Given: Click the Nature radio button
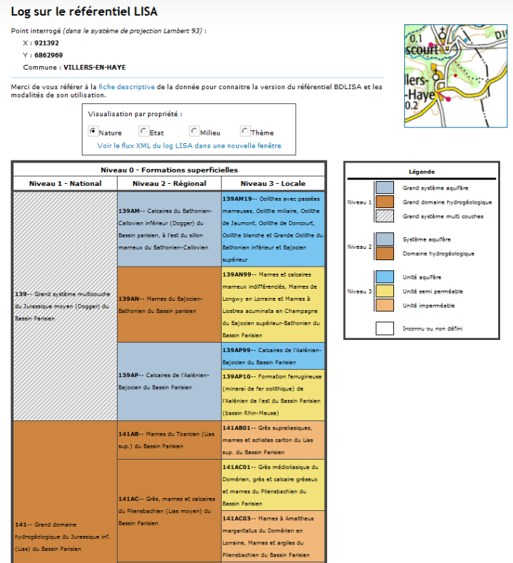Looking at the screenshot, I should (93, 131).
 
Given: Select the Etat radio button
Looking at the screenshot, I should (144, 131).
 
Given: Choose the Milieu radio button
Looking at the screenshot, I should (194, 131).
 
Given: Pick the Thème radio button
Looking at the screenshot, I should (244, 131).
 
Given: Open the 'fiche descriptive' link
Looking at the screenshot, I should (126, 87).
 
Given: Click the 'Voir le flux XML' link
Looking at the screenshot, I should (189, 145).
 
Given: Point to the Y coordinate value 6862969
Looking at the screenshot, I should (48, 55).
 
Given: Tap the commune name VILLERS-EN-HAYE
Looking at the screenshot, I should (94, 67).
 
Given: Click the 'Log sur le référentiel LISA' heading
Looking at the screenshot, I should (84, 12).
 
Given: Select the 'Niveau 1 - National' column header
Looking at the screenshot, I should (65, 183).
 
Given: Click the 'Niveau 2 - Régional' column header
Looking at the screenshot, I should (170, 183).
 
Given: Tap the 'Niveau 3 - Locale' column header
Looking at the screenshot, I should (273, 183).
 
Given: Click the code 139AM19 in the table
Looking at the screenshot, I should (238, 199).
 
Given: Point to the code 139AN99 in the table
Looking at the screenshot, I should (238, 274).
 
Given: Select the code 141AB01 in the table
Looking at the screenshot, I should (238, 428).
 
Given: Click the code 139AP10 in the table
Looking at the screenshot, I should (238, 376).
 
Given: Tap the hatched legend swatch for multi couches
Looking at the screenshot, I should (384, 216).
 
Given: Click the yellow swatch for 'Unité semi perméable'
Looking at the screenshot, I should (384, 291).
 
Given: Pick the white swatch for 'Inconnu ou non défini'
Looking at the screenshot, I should (384, 329).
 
